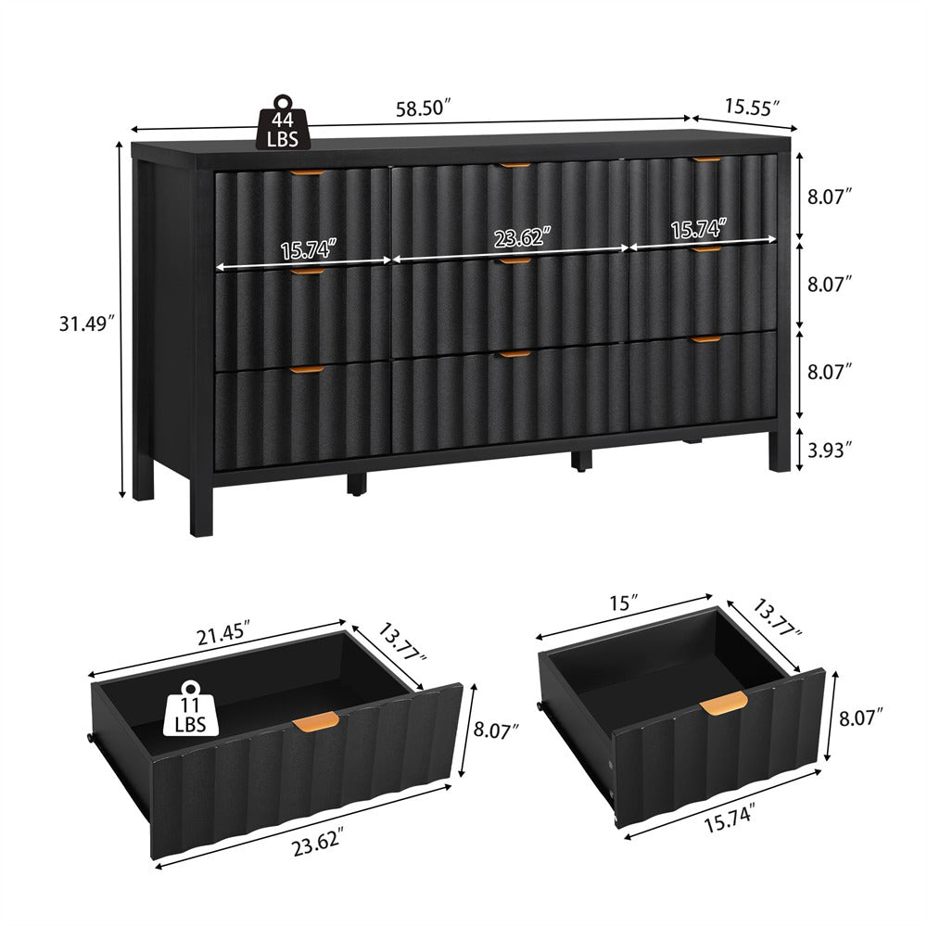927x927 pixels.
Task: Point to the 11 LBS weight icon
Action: point(191,709)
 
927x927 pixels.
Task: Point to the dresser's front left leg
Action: point(201,505)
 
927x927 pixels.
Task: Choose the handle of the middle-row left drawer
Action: point(304,273)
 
